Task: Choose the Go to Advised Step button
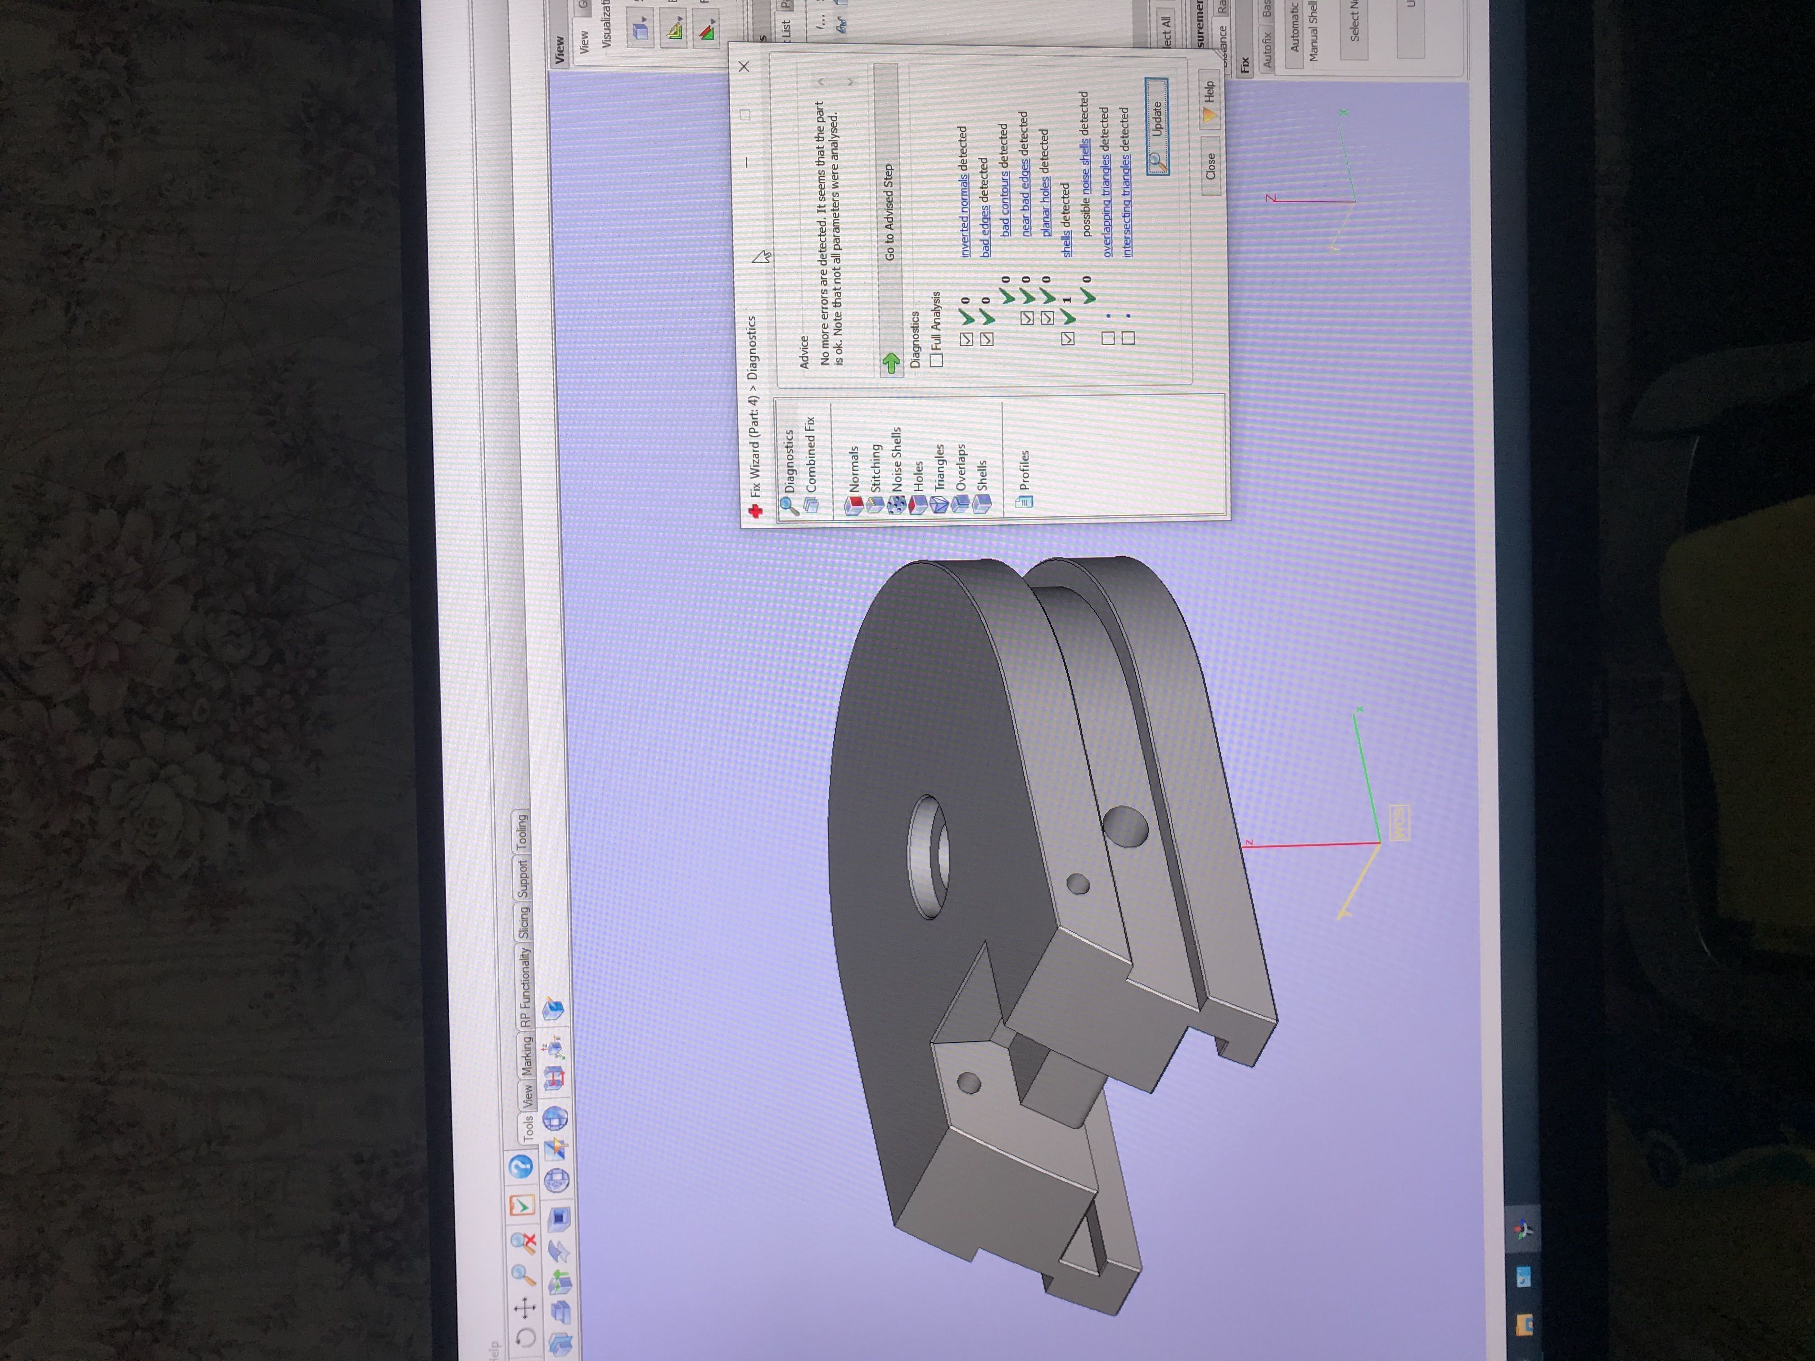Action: coord(889,213)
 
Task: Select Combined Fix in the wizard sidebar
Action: coord(810,455)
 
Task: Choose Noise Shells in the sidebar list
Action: coord(896,459)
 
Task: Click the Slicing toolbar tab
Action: coord(524,923)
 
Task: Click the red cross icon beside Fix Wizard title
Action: coord(755,512)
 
